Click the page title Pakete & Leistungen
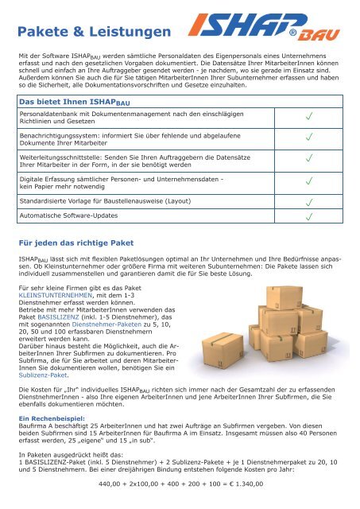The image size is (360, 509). [x=95, y=32]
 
